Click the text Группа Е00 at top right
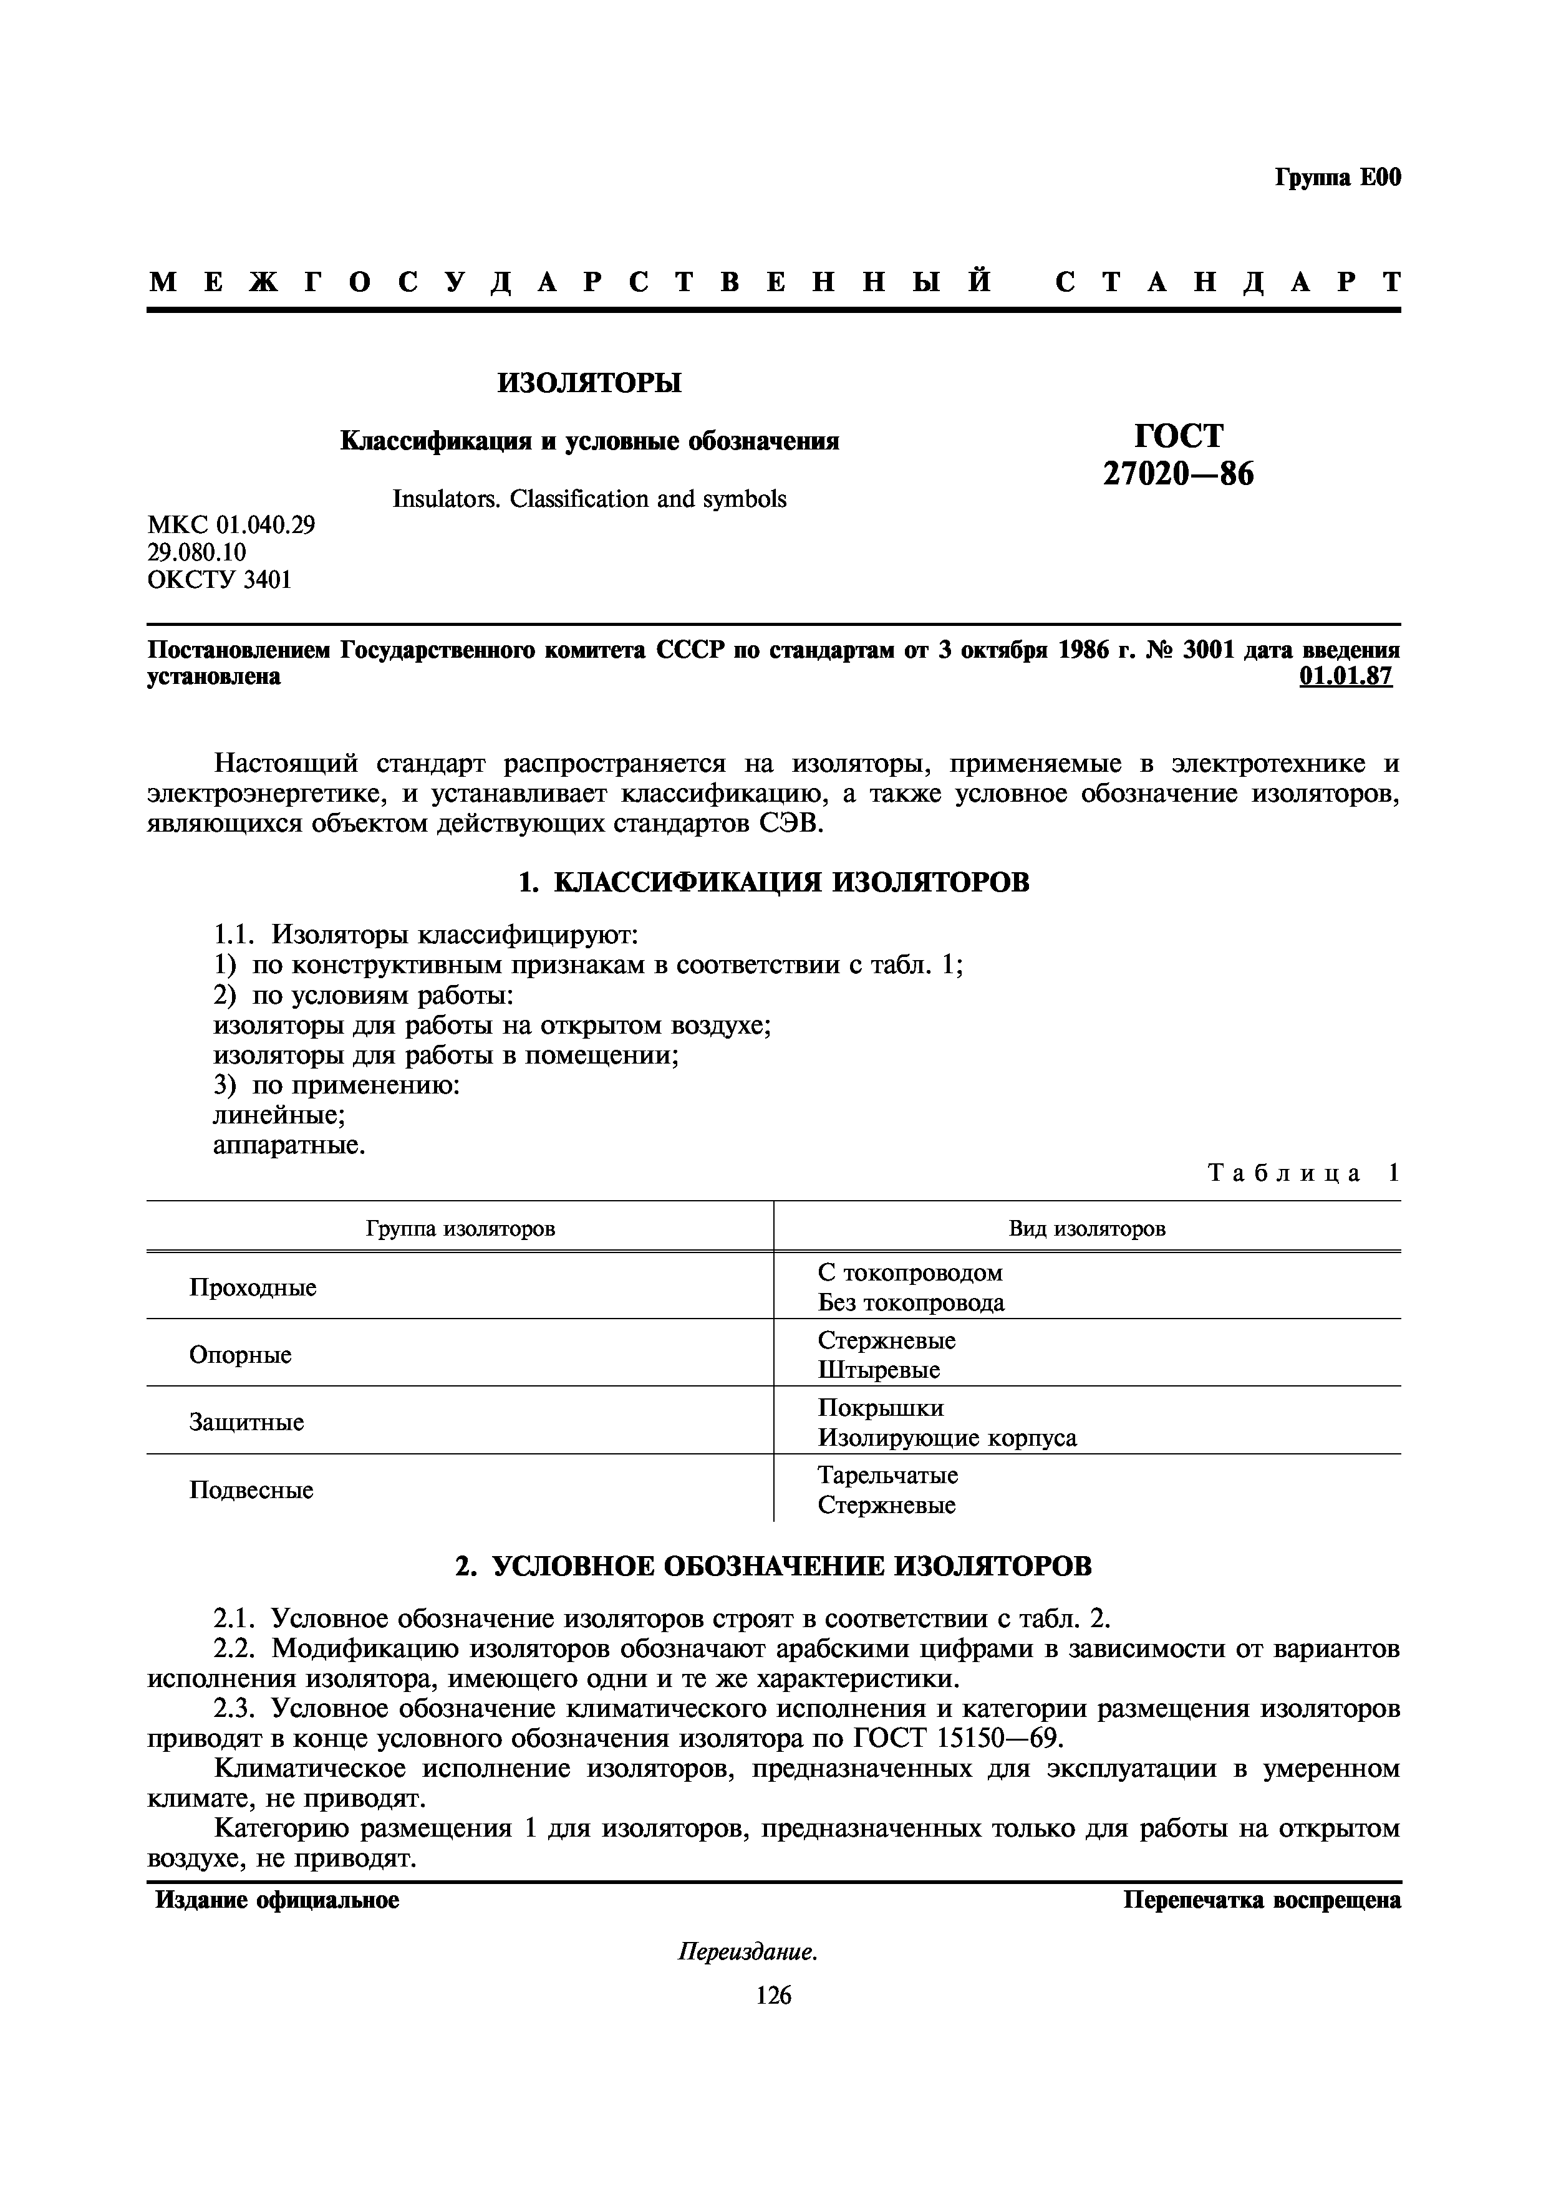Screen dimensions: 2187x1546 click(x=1337, y=178)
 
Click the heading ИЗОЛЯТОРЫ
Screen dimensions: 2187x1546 click(x=589, y=383)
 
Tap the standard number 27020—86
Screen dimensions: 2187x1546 click(x=1178, y=473)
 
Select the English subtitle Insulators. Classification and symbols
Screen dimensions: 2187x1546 click(x=589, y=499)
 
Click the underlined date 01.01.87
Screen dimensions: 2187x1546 click(x=1345, y=677)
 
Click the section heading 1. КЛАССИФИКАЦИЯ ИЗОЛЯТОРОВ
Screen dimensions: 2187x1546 click(x=773, y=882)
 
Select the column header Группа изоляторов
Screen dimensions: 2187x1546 click(x=460, y=1229)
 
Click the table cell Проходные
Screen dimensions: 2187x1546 click(x=253, y=1288)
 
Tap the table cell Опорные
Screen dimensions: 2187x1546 click(x=240, y=1355)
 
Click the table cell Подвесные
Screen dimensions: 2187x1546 click(x=251, y=1490)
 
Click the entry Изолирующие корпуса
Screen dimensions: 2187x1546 click(x=947, y=1438)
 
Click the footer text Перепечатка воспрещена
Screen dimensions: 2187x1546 click(x=1261, y=1900)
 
